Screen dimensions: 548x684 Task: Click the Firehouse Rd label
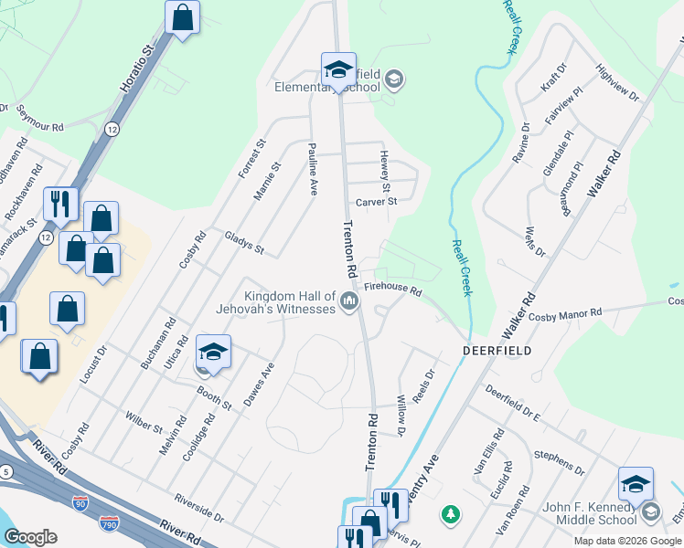pyautogui.click(x=392, y=290)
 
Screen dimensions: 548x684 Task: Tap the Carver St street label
pyautogui.click(x=377, y=202)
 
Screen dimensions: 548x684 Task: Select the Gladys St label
pyautogui.click(x=244, y=243)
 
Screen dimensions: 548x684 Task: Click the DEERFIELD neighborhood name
pyautogui.click(x=497, y=351)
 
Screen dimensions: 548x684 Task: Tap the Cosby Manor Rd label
pyautogui.click(x=566, y=313)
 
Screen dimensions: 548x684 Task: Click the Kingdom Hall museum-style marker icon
pyautogui.click(x=348, y=301)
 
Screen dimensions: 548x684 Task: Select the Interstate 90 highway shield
pyautogui.click(x=80, y=502)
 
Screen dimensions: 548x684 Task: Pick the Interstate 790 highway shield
pyautogui.click(x=109, y=523)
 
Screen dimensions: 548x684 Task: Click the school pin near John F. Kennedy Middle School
pyautogui.click(x=636, y=484)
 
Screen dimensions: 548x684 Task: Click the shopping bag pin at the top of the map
pyautogui.click(x=183, y=16)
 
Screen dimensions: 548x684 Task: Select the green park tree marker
pyautogui.click(x=450, y=515)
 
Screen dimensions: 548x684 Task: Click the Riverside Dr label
pyautogui.click(x=200, y=510)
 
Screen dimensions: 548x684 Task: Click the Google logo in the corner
pyautogui.click(x=30, y=537)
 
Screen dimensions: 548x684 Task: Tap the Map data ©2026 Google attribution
pyautogui.click(x=626, y=541)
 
